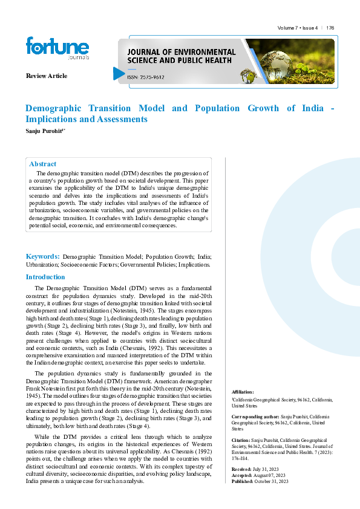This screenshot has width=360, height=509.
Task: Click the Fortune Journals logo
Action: pos(57,49)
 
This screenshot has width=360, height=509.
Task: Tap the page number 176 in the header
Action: pos(330,28)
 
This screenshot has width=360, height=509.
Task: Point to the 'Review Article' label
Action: pos(47,76)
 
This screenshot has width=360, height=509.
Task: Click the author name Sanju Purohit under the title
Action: pos(44,131)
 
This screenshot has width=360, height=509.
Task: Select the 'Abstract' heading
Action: pos(43,164)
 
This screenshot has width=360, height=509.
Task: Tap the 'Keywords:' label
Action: pos(42,256)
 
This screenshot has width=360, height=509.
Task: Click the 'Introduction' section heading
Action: pos(45,277)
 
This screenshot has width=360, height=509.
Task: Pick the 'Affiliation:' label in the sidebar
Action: pos(243,392)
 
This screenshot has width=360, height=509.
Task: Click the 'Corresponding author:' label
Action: pos(255,418)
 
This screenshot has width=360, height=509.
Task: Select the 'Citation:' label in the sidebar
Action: pos(241,441)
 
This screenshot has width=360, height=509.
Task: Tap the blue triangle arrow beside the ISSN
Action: pos(119,73)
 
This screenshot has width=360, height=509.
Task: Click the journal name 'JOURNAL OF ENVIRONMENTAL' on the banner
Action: pos(181,53)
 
